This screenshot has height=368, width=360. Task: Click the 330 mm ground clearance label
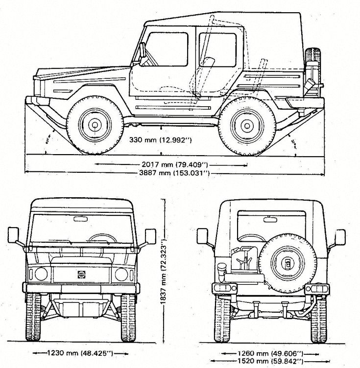pyautogui.click(x=162, y=139)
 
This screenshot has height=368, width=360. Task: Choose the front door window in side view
pyautogui.click(x=168, y=49)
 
